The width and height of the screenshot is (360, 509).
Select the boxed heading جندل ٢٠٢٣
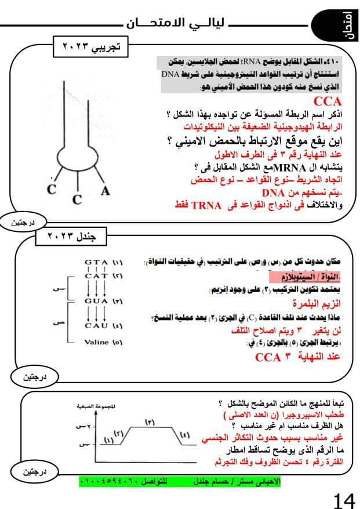coord(74,237)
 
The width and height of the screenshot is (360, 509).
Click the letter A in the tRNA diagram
coord(104,192)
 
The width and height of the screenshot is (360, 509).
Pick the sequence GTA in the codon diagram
coord(96,261)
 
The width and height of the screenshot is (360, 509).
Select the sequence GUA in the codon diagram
coord(96,301)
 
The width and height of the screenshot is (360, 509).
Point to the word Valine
coord(96,342)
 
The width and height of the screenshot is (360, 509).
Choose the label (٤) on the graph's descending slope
coord(185,435)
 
